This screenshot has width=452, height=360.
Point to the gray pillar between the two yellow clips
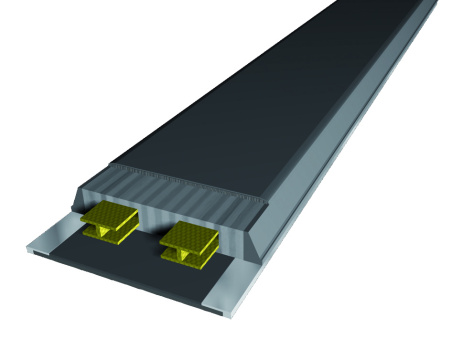[148, 225]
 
